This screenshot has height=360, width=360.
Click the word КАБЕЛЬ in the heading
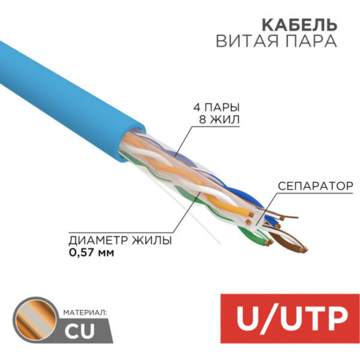(299, 25)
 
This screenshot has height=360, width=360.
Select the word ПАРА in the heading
(308, 41)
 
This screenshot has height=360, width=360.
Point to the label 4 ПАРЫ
(217, 107)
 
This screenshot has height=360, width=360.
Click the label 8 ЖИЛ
(219, 119)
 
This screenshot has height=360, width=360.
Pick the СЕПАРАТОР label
(316, 186)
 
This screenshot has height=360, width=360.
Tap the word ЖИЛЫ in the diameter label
(152, 241)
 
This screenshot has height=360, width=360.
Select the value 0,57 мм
(91, 253)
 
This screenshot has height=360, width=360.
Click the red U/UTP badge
(290, 319)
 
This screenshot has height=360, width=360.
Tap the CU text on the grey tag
(79, 331)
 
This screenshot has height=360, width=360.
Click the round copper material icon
(35, 320)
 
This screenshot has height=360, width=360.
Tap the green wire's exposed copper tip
(269, 242)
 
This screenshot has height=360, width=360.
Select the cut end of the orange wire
(251, 215)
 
